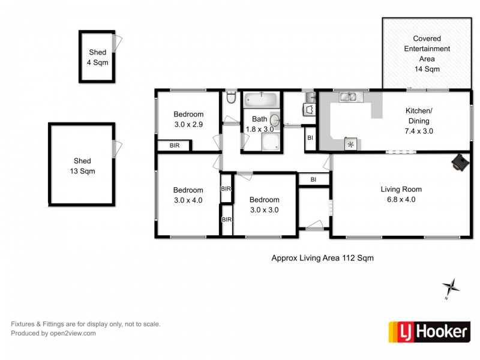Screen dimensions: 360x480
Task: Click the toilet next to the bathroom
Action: tap(231, 98)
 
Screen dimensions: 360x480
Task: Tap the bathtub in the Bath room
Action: tap(260, 99)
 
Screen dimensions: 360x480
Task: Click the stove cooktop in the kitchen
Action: tap(350, 143)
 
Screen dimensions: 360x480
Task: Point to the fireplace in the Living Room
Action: tap(460, 161)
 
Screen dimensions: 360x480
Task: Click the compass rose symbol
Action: tap(451, 287)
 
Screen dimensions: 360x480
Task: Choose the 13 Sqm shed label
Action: tap(82, 166)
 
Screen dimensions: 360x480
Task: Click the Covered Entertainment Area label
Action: tap(427, 53)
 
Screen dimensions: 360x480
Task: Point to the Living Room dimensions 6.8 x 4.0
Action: tap(398, 200)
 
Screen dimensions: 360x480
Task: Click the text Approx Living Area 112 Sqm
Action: tap(323, 258)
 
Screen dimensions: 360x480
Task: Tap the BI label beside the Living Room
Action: tap(314, 179)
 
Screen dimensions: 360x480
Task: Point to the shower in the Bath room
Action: tap(269, 142)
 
